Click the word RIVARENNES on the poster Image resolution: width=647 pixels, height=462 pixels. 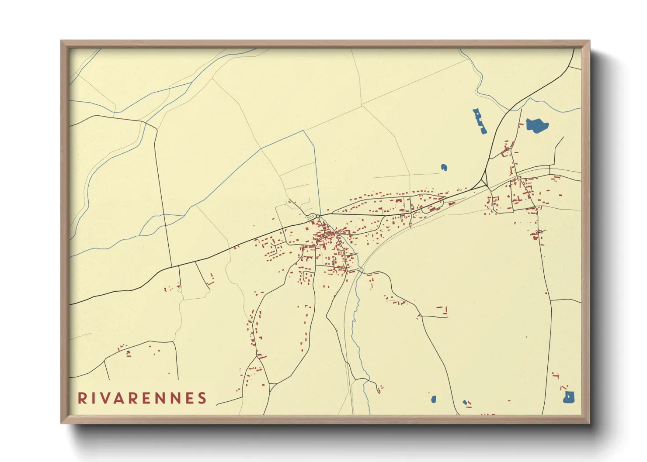pyautogui.click(x=142, y=398)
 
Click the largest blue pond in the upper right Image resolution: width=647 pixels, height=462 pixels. pyautogui.click(x=536, y=125)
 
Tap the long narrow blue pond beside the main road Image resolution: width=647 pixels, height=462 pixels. pyautogui.click(x=480, y=121)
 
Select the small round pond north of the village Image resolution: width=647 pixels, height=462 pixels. pyautogui.click(x=444, y=167)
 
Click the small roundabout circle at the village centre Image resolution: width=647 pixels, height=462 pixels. pyautogui.click(x=318, y=216)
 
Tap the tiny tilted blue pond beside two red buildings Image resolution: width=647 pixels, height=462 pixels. pyautogui.click(x=465, y=402)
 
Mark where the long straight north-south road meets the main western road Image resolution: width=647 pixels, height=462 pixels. pyautogui.click(x=171, y=266)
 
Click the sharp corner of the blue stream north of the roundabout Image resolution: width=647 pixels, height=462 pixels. pyautogui.click(x=305, y=131)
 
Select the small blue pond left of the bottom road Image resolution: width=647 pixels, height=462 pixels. pyautogui.click(x=434, y=399)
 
